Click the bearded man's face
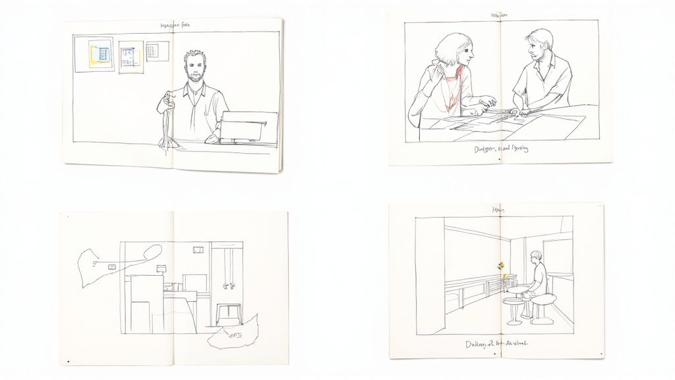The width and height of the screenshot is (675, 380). (193, 66)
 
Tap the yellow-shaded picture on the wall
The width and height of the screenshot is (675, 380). (131, 57)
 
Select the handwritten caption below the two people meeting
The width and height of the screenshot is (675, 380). (501, 149)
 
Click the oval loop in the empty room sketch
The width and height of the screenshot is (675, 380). (151, 251)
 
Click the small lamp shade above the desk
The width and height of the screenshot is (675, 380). (161, 268)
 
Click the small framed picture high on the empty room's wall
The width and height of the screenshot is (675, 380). (197, 250)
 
